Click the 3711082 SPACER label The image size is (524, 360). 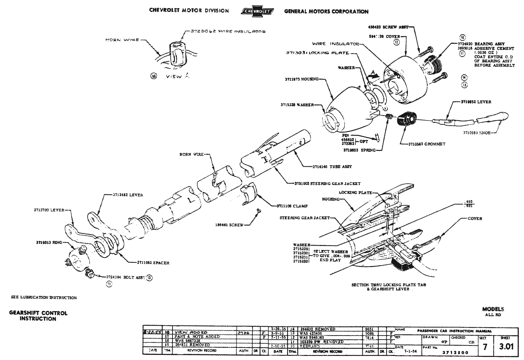coord(153,263)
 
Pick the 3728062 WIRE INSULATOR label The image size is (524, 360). coord(227,32)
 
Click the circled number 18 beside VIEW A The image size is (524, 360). coord(153,76)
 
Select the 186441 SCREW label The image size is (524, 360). coord(229,225)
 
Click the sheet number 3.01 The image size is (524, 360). coord(506,346)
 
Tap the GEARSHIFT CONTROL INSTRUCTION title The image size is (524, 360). coord(38,316)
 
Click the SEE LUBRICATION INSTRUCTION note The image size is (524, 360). coord(44,298)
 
